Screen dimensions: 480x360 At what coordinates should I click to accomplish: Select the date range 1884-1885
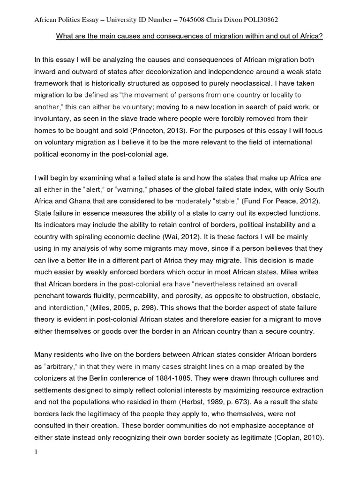[185, 378]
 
